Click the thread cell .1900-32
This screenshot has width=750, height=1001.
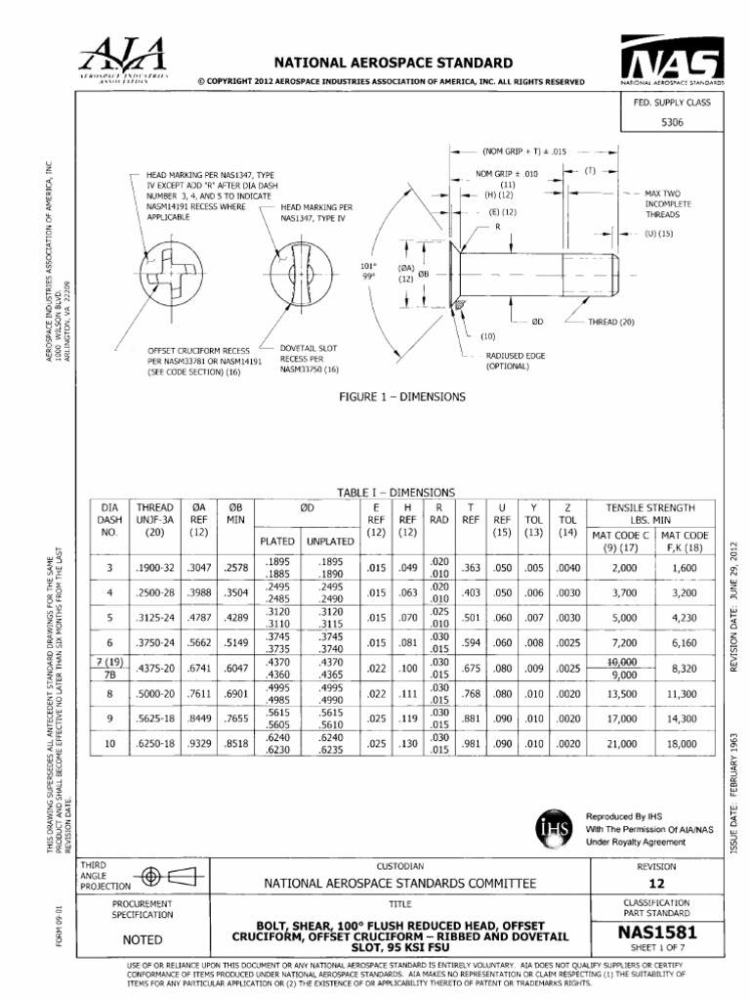tap(154, 567)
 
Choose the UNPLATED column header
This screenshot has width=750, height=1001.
tap(331, 540)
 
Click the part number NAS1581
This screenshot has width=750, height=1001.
tap(655, 933)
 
